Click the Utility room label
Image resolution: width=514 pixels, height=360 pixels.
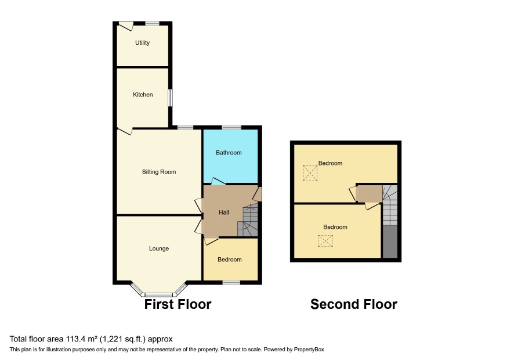click(142, 42)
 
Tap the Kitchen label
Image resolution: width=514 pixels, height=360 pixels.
click(143, 95)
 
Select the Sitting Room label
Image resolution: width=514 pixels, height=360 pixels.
click(158, 172)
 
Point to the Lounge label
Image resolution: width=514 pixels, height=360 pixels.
click(159, 249)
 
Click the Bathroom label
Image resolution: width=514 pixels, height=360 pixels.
click(229, 153)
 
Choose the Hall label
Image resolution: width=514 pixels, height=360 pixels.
click(224, 213)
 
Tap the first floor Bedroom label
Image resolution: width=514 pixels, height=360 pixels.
click(230, 260)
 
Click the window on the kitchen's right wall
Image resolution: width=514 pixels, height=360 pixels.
click(171, 98)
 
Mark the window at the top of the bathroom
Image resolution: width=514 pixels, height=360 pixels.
click(231, 127)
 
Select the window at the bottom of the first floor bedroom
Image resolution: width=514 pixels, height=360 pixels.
click(231, 282)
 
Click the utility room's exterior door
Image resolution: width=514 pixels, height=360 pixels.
click(126, 26)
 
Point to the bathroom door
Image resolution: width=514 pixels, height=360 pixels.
click(218, 181)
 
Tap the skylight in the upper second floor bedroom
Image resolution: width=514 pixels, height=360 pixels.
click(310, 173)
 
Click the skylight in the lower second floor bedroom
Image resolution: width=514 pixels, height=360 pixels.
click(325, 241)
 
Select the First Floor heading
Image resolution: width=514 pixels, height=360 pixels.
click(178, 304)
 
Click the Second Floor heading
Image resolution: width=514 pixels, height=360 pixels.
click(354, 304)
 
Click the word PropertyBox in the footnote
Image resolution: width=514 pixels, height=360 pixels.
click(309, 350)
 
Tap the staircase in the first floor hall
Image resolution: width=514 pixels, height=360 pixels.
click(248, 219)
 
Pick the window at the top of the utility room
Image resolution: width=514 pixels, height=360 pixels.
click(152, 23)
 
